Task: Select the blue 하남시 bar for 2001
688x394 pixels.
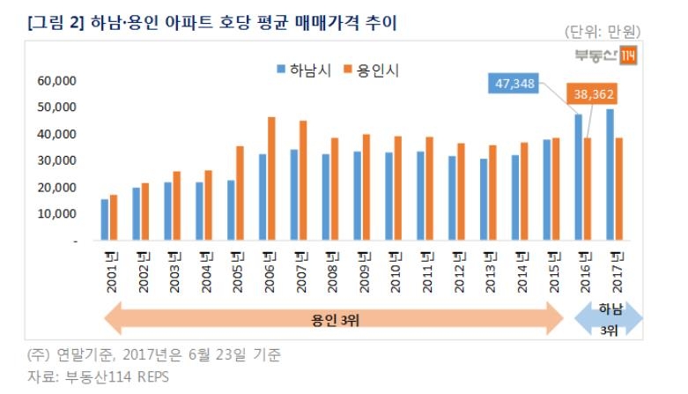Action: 105,219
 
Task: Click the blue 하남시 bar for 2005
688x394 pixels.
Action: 232,210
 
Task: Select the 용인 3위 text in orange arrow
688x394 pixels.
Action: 331,319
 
